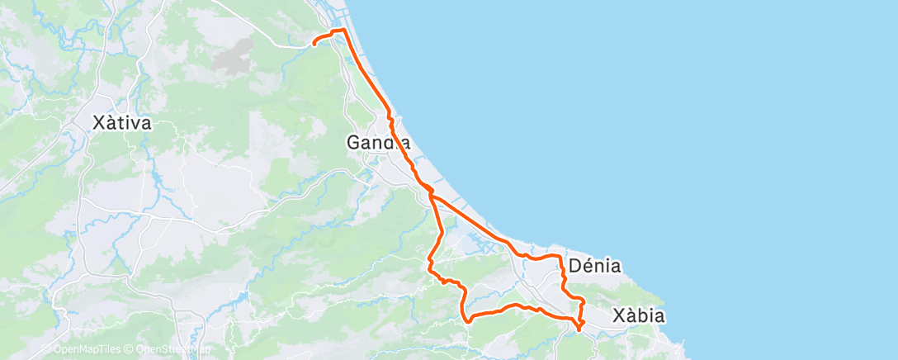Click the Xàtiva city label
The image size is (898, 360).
pyautogui.click(x=121, y=124)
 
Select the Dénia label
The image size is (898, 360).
pyautogui.click(x=595, y=266)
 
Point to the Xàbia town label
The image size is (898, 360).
pyautogui.click(x=638, y=315)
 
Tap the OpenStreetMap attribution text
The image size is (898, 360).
pyautogui.click(x=171, y=349)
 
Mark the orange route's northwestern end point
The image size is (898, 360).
pyautogui.click(x=314, y=44)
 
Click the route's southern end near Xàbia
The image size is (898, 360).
pyautogui.click(x=579, y=329)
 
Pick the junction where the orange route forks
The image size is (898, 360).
pyautogui.click(x=430, y=195)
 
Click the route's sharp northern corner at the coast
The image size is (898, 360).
pyautogui.click(x=343, y=31)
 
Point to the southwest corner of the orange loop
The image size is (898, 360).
pyautogui.click(x=466, y=320)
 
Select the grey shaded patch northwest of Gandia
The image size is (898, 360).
pyautogui.click(x=234, y=56)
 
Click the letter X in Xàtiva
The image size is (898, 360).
pyautogui.click(x=98, y=124)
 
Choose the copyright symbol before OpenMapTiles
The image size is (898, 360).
pyautogui.click(x=45, y=349)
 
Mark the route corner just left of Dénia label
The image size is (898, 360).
pyautogui.click(x=561, y=258)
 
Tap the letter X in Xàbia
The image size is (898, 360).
pyautogui.click(x=618, y=315)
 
